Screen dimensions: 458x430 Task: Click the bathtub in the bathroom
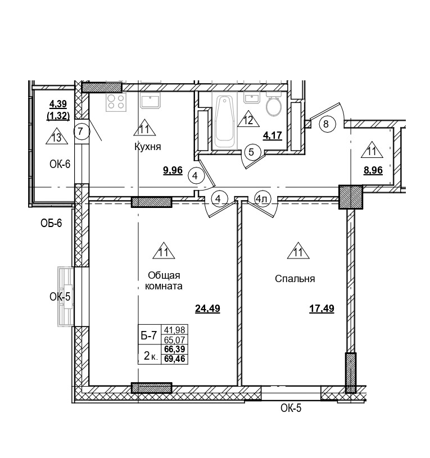(x=224, y=120)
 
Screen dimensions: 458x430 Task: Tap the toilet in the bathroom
(x=274, y=106)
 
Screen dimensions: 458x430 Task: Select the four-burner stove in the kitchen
(x=116, y=102)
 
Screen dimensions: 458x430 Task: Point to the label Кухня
(x=148, y=147)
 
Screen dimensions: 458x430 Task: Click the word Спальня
(x=295, y=279)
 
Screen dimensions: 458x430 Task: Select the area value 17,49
(x=322, y=308)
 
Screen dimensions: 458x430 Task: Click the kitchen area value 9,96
(x=173, y=171)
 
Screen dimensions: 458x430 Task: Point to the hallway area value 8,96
(x=373, y=171)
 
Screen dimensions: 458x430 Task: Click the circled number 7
(x=81, y=132)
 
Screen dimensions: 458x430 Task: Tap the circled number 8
(x=327, y=124)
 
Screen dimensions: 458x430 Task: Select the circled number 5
(x=251, y=151)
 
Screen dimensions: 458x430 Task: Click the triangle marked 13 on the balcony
(x=56, y=137)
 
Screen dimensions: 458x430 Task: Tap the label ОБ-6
(x=51, y=224)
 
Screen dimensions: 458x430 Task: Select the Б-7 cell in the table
(x=148, y=335)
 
